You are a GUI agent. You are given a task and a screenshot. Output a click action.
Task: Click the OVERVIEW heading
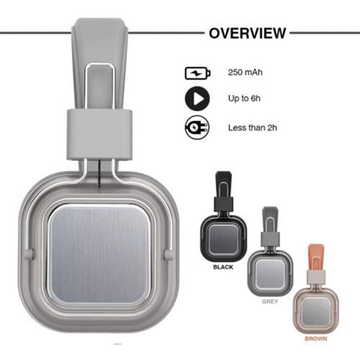[x=247, y=33]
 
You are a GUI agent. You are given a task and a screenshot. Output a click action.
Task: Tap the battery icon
[x=198, y=73]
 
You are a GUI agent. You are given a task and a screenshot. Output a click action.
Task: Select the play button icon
[x=198, y=99]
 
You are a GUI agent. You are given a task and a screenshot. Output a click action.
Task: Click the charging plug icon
[x=197, y=127]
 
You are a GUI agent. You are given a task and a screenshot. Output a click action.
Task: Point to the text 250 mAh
[x=245, y=72]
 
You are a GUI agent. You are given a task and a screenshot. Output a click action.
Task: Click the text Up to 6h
[x=244, y=99]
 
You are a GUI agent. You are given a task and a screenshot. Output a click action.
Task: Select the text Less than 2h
[x=252, y=128]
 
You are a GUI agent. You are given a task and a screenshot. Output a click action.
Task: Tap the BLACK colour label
[x=223, y=267]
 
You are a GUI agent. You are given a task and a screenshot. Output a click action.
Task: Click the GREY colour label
[x=270, y=301]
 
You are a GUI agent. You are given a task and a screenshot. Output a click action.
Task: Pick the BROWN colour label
[x=316, y=338]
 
